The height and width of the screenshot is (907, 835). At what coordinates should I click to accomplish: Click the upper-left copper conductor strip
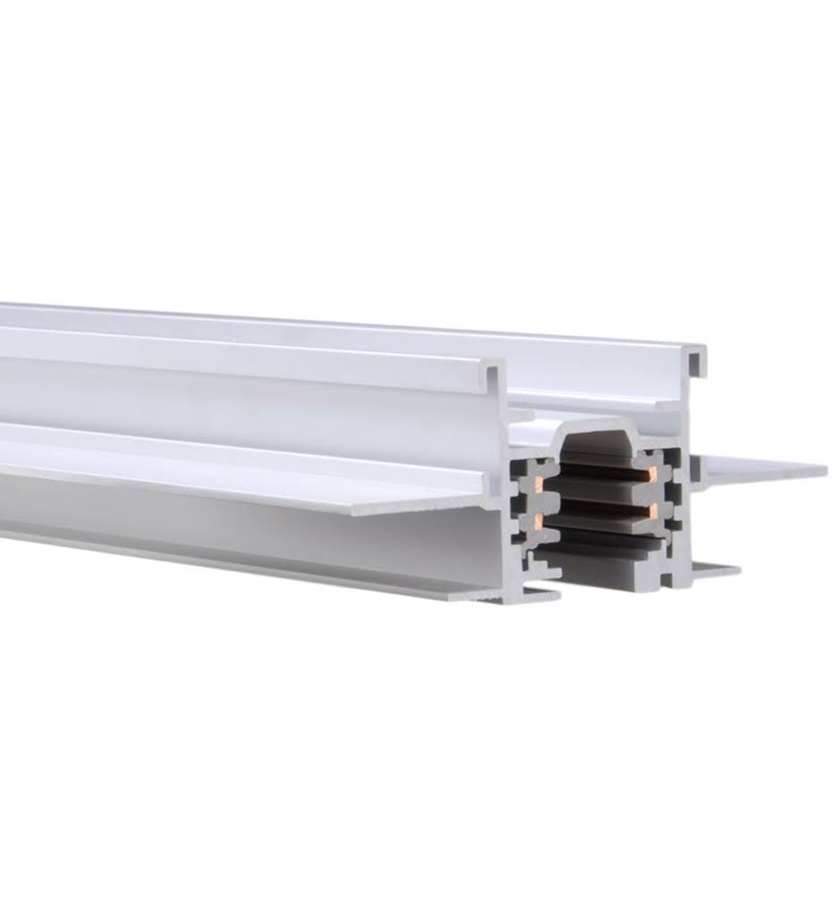(x=539, y=484)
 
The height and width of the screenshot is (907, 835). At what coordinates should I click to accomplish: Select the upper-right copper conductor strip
(x=654, y=472)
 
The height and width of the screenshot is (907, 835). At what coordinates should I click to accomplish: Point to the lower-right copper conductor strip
(x=654, y=510)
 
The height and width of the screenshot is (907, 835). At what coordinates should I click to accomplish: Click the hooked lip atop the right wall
(x=696, y=357)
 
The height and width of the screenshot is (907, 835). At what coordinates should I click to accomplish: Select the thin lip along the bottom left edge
(x=268, y=563)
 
